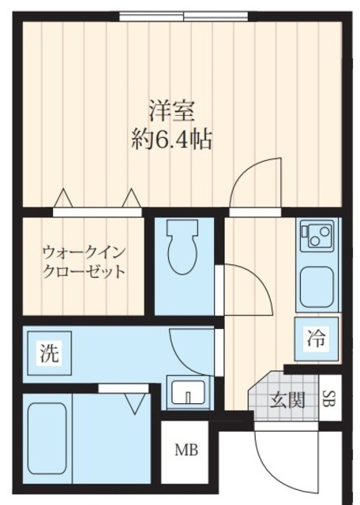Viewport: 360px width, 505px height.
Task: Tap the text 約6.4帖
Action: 171,140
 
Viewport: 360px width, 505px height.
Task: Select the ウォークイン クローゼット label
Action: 84,263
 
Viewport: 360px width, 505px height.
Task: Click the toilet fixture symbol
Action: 184,252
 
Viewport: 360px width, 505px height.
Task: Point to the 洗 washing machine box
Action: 49,355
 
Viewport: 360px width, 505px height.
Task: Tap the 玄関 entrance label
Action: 287,400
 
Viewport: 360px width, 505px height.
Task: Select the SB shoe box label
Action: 330,399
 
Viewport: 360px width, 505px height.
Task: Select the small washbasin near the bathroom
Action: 189,392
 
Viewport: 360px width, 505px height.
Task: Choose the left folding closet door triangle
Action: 62,196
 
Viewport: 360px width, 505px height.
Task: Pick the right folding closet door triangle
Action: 132,196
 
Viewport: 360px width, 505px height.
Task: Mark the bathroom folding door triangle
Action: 134,404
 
